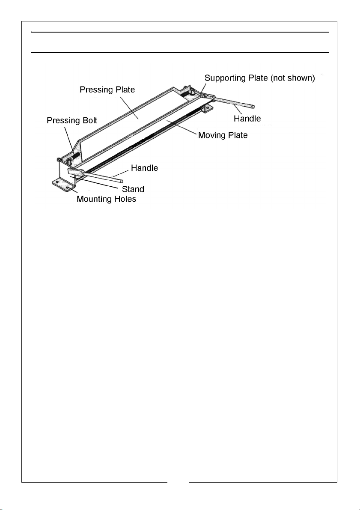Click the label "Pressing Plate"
(107, 90)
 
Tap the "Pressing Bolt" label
(72, 121)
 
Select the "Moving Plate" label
(223, 135)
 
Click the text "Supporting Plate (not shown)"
(260, 78)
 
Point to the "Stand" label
(134, 189)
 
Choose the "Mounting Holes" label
(106, 199)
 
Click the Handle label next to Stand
(144, 168)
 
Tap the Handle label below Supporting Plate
(247, 118)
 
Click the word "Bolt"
(89, 121)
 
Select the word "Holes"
(125, 199)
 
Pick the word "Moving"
(211, 135)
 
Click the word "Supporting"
(226, 78)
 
